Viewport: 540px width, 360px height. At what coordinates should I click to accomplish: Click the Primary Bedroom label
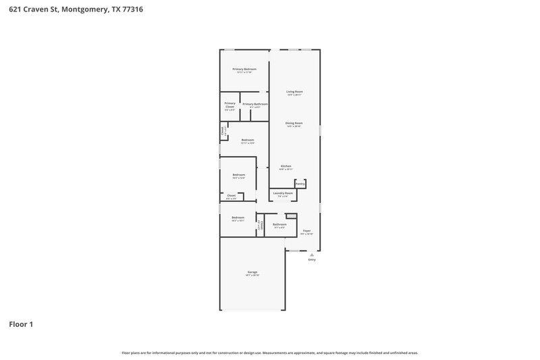[x=244, y=70]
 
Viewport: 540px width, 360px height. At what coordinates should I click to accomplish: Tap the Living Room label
[x=294, y=91]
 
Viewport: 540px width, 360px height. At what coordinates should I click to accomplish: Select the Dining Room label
[x=294, y=123]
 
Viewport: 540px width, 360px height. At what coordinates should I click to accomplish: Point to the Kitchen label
[x=286, y=166]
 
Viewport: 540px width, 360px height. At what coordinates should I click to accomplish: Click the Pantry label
[x=300, y=184]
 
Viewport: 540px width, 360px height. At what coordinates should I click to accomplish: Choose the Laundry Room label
[x=283, y=193]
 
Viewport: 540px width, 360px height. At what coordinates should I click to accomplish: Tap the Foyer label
[x=306, y=230]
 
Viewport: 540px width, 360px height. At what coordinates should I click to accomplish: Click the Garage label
[x=252, y=272]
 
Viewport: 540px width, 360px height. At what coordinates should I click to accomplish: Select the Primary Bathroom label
[x=255, y=104]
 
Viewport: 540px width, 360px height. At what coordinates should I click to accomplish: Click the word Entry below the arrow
[x=312, y=259]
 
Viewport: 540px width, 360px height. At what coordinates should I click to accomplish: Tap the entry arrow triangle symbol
[x=312, y=254]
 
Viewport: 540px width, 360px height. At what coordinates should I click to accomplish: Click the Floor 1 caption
[x=21, y=324]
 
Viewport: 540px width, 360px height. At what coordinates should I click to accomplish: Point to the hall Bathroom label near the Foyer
[x=279, y=224]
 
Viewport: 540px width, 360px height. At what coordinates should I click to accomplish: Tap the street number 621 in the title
[x=13, y=10]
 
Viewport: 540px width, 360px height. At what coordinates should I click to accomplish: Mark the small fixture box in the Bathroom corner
[x=291, y=216]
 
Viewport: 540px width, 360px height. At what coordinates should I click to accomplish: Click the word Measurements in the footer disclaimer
[x=277, y=353]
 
